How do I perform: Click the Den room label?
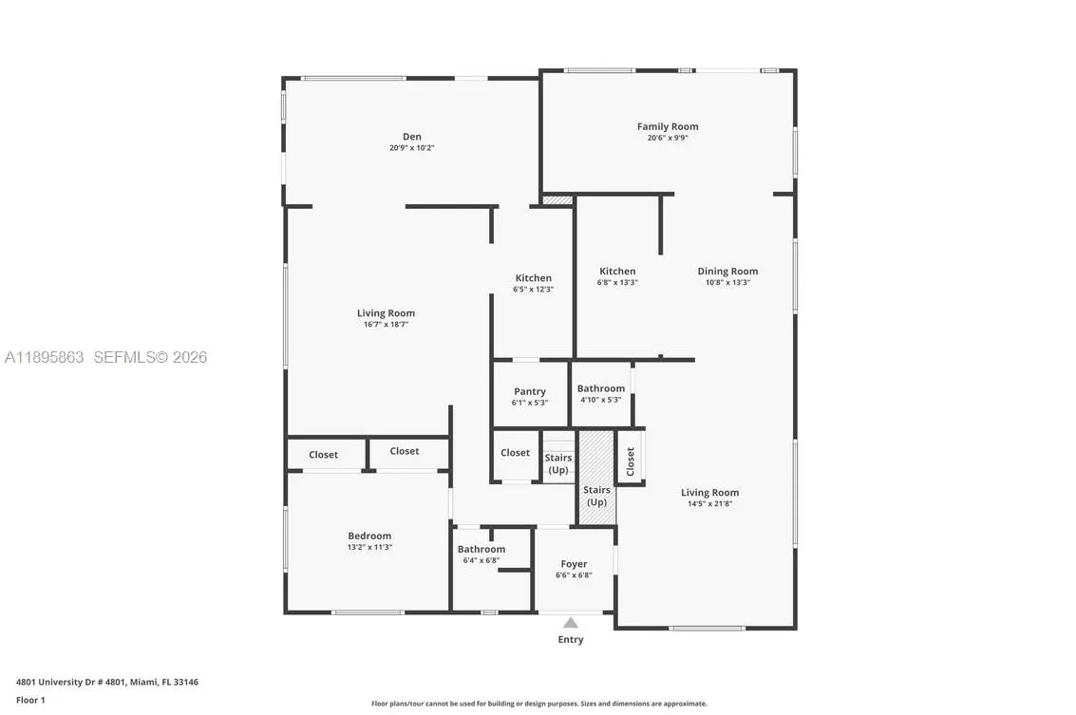411,137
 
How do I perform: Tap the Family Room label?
667,126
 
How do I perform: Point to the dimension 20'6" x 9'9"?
667,139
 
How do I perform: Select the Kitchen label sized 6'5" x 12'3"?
533,278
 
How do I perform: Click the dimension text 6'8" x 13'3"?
616,283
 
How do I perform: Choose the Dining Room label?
727,271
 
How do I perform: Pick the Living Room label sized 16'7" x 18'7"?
386,313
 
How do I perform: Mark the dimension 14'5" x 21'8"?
709,504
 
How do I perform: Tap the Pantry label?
530,391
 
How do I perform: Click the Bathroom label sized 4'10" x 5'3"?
601,388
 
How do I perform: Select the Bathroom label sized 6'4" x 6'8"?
481,549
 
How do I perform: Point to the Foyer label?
574,564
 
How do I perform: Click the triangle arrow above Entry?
570,623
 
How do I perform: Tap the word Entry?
570,640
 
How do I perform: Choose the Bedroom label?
369,536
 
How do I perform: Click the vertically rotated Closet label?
630,461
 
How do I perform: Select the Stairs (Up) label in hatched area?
596,496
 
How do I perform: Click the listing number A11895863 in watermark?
45,358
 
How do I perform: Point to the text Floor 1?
30,700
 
